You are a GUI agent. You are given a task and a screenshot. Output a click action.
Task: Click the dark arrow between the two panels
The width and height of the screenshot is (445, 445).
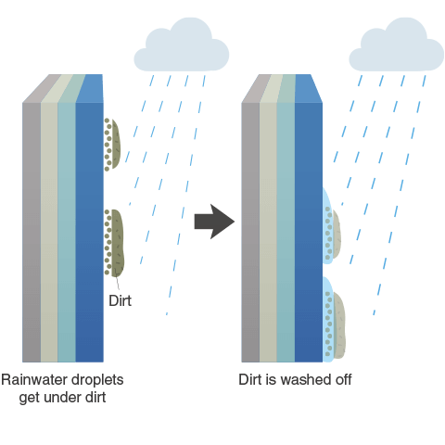pos(214,222)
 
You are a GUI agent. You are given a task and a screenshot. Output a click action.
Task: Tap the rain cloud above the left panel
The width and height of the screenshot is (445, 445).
pos(182,45)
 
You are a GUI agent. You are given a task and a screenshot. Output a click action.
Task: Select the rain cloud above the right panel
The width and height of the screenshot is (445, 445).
pos(397,45)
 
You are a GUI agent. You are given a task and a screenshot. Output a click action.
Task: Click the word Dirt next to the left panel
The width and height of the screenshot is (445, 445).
pos(120,300)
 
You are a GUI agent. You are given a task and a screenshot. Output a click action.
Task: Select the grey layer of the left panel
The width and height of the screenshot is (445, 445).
pos(32,232)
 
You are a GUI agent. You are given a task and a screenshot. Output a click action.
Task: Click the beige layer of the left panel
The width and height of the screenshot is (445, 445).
pos(49,232)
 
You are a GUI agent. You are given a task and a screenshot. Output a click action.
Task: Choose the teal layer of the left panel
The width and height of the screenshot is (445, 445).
pos(67,232)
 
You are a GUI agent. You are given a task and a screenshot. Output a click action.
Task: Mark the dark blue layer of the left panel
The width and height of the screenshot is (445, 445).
pos(90,232)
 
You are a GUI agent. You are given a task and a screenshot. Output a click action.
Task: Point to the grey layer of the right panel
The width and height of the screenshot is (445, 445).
pos(250,232)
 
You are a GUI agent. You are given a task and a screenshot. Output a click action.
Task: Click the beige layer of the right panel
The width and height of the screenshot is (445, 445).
pos(268,232)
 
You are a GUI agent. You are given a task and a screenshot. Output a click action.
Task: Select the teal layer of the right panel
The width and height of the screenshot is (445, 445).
pos(286,232)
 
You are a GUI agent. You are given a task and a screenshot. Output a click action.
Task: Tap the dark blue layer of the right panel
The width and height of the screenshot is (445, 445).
pos(309,232)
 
